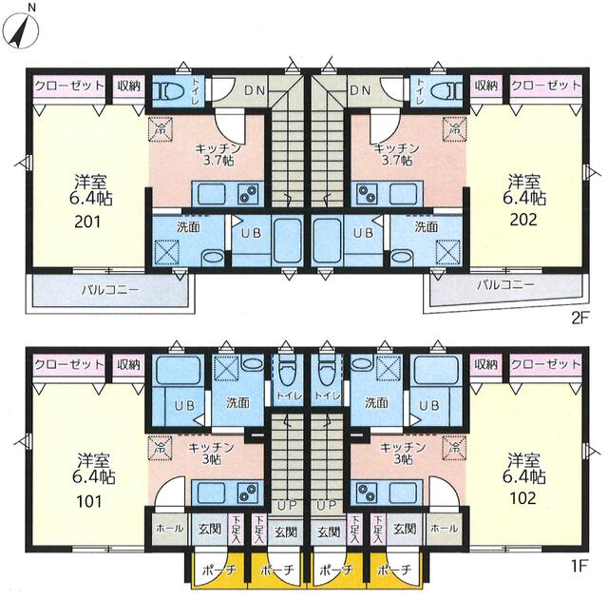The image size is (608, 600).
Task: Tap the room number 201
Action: pyautogui.click(x=87, y=222)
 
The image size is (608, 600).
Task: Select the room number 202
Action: pyautogui.click(x=523, y=220)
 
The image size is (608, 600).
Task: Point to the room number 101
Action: pyautogui.click(x=89, y=501)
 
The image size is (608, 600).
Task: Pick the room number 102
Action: pyautogui.click(x=523, y=498)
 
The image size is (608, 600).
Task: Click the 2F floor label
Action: pyautogui.click(x=580, y=319)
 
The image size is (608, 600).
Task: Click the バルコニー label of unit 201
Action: pyautogui.click(x=110, y=290)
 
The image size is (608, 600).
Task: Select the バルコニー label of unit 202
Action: pyautogui.click(x=505, y=285)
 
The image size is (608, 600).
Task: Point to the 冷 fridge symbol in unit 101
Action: pyautogui.click(x=161, y=448)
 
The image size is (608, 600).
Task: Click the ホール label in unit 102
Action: pyautogui.click(x=444, y=528)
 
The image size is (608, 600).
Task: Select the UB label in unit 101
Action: pyautogui.click(x=184, y=406)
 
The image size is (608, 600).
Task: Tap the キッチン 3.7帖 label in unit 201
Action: pyautogui.click(x=218, y=154)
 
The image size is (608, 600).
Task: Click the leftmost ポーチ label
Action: pyautogui.click(x=219, y=571)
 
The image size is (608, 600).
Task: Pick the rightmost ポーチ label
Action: pyautogui.click(x=394, y=570)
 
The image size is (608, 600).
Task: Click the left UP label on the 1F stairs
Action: pyautogui.click(x=287, y=505)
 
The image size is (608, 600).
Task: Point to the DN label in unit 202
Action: pyautogui.click(x=360, y=90)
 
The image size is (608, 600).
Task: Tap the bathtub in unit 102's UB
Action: pyautogui.click(x=436, y=370)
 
